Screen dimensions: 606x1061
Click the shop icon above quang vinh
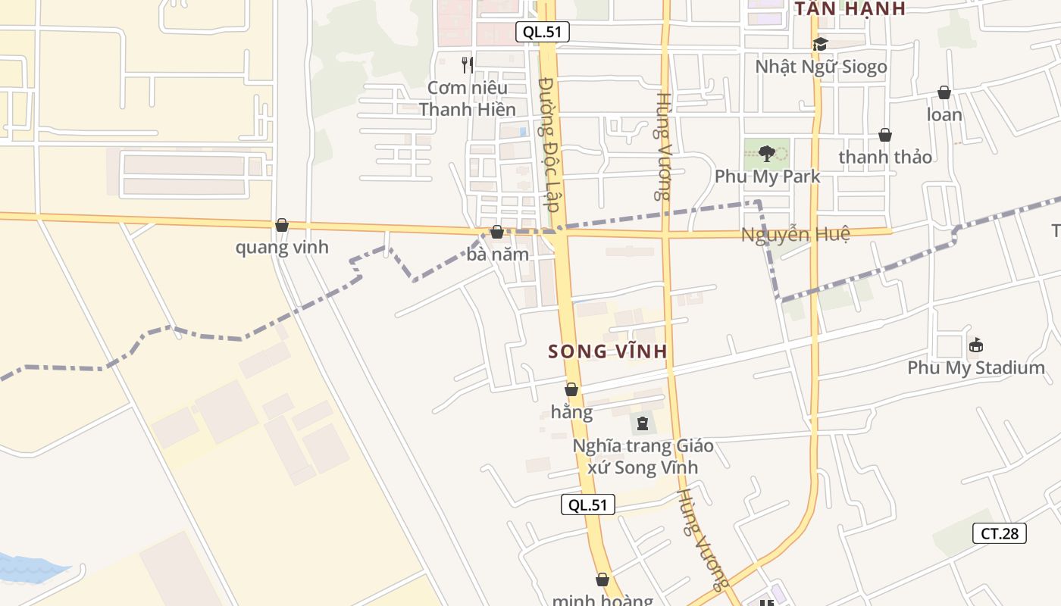click(282, 225)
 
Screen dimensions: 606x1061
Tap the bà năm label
click(497, 255)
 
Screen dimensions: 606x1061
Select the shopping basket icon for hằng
click(571, 389)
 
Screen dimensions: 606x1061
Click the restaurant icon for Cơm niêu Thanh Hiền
click(468, 65)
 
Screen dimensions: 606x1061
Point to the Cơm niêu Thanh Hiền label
click(468, 98)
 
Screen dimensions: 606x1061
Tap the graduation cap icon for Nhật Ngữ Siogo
click(820, 44)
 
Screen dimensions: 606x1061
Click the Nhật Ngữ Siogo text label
click(821, 67)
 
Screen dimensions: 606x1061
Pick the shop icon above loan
click(944, 92)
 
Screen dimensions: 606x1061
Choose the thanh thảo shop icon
click(885, 135)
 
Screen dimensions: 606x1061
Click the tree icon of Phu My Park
click(766, 154)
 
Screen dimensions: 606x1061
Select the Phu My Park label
click(767, 176)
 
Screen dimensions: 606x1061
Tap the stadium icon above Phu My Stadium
click(976, 345)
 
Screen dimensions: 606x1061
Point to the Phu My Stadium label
click(976, 368)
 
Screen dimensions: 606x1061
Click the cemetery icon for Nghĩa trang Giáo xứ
click(643, 423)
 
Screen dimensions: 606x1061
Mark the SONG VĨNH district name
click(608, 351)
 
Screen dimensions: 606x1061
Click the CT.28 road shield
click(1000, 533)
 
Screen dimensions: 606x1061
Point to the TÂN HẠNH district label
click(850, 9)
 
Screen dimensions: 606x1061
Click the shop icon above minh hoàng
click(602, 579)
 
